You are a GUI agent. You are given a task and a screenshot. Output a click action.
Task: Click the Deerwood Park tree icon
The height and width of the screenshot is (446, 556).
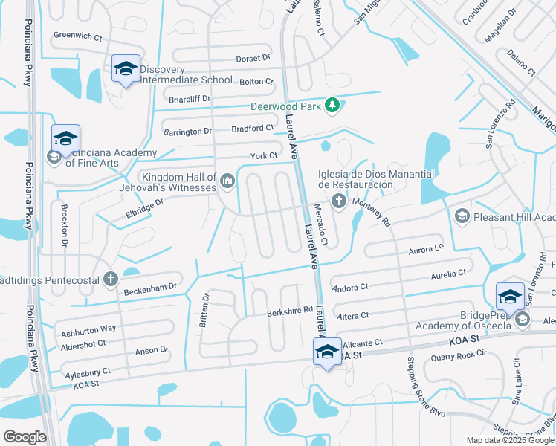coord(332,106)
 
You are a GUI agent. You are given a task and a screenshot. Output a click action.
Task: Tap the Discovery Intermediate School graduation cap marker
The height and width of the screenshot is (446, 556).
coord(126,69)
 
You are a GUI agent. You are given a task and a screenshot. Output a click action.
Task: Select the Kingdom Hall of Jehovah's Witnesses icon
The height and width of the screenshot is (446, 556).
coord(227,179)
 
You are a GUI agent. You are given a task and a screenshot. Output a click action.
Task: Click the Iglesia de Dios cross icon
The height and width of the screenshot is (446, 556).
coord(338,201)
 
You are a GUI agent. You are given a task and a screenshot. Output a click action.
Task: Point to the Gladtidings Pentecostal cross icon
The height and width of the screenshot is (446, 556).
coord(110,279)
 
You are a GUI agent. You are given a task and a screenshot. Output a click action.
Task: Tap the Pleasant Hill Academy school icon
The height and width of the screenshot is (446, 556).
coord(462,216)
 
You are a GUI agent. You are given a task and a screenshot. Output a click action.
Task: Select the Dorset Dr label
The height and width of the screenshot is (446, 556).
coord(253,58)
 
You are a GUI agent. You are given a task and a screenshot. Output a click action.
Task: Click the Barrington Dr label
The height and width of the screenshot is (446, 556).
coord(187,132)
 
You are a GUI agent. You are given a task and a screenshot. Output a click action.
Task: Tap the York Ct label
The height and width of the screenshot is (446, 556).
coord(263,155)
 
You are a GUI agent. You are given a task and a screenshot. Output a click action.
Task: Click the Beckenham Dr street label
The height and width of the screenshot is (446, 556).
coord(151,286)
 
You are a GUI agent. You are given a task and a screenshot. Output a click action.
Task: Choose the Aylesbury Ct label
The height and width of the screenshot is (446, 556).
coord(86,370)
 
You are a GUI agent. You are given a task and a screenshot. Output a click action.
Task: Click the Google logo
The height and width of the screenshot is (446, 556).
coord(25,437)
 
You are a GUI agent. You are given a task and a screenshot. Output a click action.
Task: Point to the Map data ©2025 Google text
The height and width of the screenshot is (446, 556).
coord(510,440)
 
